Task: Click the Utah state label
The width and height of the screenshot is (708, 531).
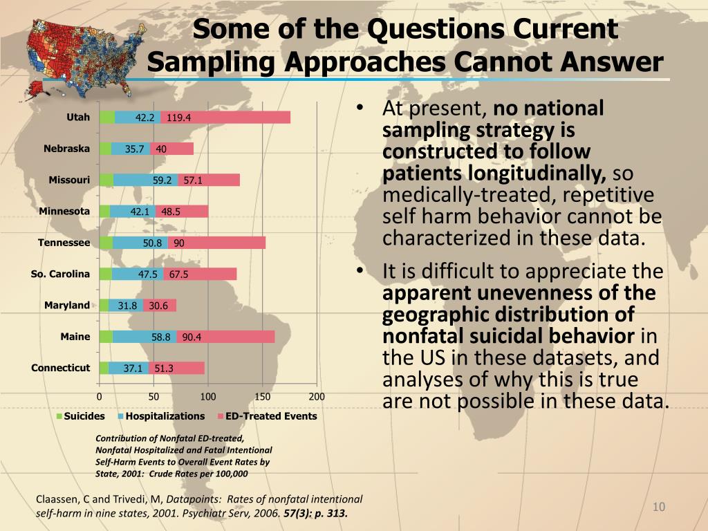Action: click(78, 117)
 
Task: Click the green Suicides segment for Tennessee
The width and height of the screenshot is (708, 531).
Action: click(106, 243)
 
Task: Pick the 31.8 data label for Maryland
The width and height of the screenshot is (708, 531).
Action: click(127, 306)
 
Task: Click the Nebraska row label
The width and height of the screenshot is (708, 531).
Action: click(66, 149)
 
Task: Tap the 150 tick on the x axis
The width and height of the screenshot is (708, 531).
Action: click(262, 397)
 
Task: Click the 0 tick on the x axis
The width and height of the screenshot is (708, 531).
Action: click(99, 397)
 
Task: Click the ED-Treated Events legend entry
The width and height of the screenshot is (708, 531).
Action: click(271, 416)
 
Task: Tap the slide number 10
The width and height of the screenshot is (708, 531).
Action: click(658, 508)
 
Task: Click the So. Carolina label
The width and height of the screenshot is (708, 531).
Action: click(60, 274)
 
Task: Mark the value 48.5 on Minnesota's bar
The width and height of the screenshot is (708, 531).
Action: click(171, 212)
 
